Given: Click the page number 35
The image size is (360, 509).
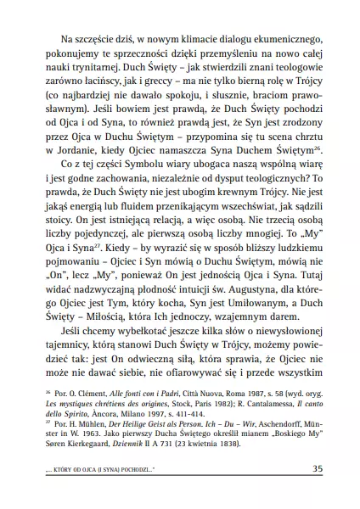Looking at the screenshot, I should click(x=316, y=468).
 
